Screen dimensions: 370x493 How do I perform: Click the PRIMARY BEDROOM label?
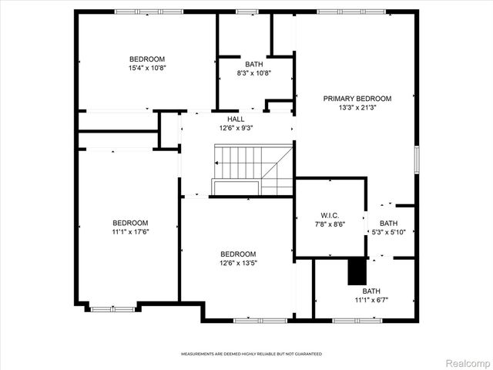pyautogui.click(x=357, y=99)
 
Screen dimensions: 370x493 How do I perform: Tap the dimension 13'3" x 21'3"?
pyautogui.click(x=357, y=108)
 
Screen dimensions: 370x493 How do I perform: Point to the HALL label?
pyautogui.click(x=236, y=119)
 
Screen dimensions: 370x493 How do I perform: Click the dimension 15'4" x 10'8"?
pyautogui.click(x=147, y=68)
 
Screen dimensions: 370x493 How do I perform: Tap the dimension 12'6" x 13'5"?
pyautogui.click(x=238, y=263)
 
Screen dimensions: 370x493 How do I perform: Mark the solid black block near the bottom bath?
pyautogui.click(x=356, y=271)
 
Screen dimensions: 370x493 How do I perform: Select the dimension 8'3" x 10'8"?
pyautogui.click(x=253, y=73)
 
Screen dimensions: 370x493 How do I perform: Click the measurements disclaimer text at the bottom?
pyautogui.click(x=251, y=354)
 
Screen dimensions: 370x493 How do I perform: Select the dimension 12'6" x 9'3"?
pyautogui.click(x=236, y=128)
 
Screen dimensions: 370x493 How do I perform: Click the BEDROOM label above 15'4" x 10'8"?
pyautogui.click(x=147, y=59)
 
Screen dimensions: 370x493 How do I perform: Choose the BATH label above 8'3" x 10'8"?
pyautogui.click(x=253, y=64)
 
